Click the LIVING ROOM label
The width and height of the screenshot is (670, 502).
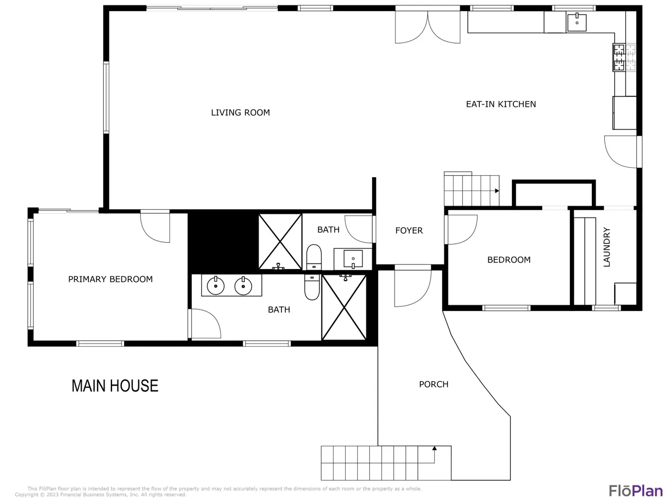[x=240, y=112]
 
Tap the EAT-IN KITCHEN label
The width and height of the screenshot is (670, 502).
[x=501, y=104]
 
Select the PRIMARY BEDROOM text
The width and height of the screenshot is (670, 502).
[x=110, y=279]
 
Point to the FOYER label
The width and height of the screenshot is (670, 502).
[x=409, y=231]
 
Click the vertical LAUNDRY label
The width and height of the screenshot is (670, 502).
[x=607, y=247]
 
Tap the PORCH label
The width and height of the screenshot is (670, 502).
[x=434, y=384]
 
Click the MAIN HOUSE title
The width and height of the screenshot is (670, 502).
[x=115, y=386]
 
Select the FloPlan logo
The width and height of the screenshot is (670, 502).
[x=636, y=491]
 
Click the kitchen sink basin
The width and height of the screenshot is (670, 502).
[x=576, y=22]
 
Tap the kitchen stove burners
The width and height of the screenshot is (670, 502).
[x=624, y=57]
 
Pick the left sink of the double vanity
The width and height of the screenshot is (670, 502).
[x=215, y=286]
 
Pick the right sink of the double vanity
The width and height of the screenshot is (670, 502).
[x=243, y=286]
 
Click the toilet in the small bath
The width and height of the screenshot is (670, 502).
[x=314, y=257]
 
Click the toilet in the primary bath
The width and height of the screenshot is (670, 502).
[x=312, y=287]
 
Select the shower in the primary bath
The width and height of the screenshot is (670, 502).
[x=344, y=307]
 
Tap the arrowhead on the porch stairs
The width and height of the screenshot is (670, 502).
[x=435, y=449]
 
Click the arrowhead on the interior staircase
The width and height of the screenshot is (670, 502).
[x=497, y=191]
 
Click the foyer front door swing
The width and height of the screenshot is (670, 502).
[x=413, y=288]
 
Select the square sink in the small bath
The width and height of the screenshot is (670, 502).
[x=353, y=259]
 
